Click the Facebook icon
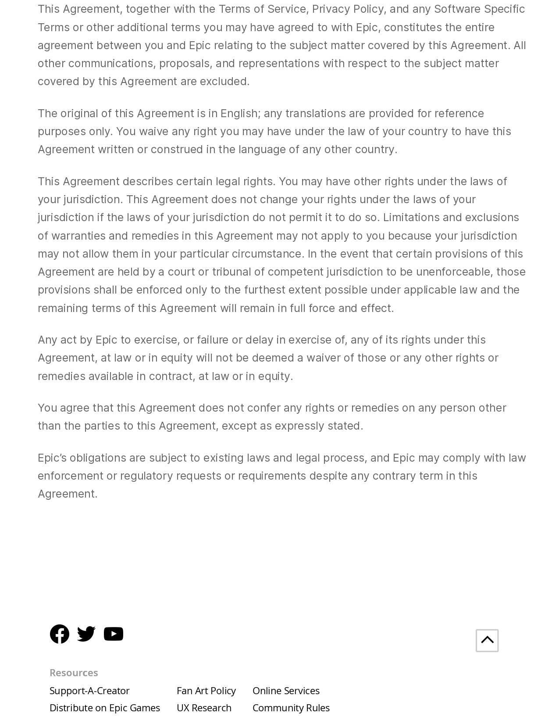pos(60,634)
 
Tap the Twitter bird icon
pos(86,634)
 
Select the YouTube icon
pos(114,634)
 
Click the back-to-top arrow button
pos(487,640)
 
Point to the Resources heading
pos(74,673)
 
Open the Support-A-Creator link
pos(89,691)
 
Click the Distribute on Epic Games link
pos(105,708)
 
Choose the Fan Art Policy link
pos(206,691)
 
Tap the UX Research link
pos(204,708)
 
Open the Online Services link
pos(286,691)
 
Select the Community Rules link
pos(291,708)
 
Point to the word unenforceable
pos(454,272)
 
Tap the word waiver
pos(323,358)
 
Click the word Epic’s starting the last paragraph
pos(52,458)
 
